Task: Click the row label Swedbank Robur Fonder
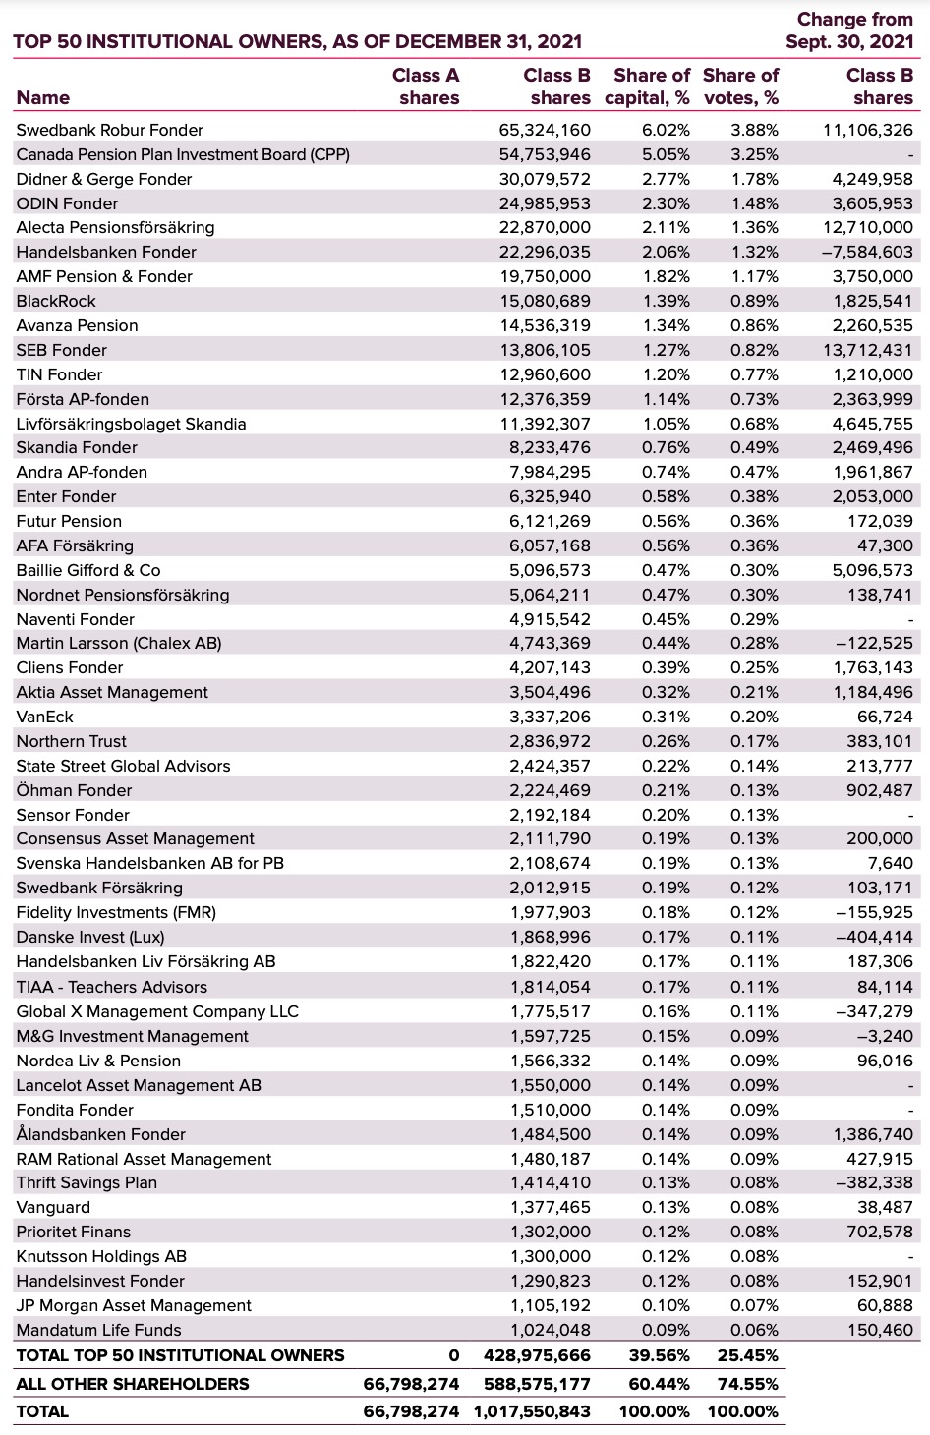point(109,130)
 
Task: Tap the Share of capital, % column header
point(647,86)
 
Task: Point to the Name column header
point(43,97)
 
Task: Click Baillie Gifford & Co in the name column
point(88,570)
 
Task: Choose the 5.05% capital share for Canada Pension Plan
point(666,154)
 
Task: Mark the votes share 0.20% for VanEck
point(754,717)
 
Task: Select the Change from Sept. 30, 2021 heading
point(849,30)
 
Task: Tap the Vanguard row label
point(53,1207)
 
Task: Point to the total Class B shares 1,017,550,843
point(532,1411)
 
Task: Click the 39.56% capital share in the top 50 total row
point(659,1355)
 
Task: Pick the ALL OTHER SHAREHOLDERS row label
point(133,1384)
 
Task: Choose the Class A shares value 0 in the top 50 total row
point(453,1355)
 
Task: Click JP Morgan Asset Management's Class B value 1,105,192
point(551,1305)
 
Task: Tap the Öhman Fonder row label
point(74,790)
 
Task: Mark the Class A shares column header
point(428,86)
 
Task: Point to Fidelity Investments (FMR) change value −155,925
point(874,912)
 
